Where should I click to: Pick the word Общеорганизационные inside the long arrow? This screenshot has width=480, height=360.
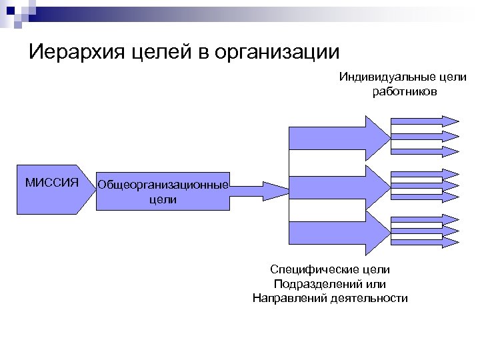[163, 184]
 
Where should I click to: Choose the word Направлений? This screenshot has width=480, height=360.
[288, 298]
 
